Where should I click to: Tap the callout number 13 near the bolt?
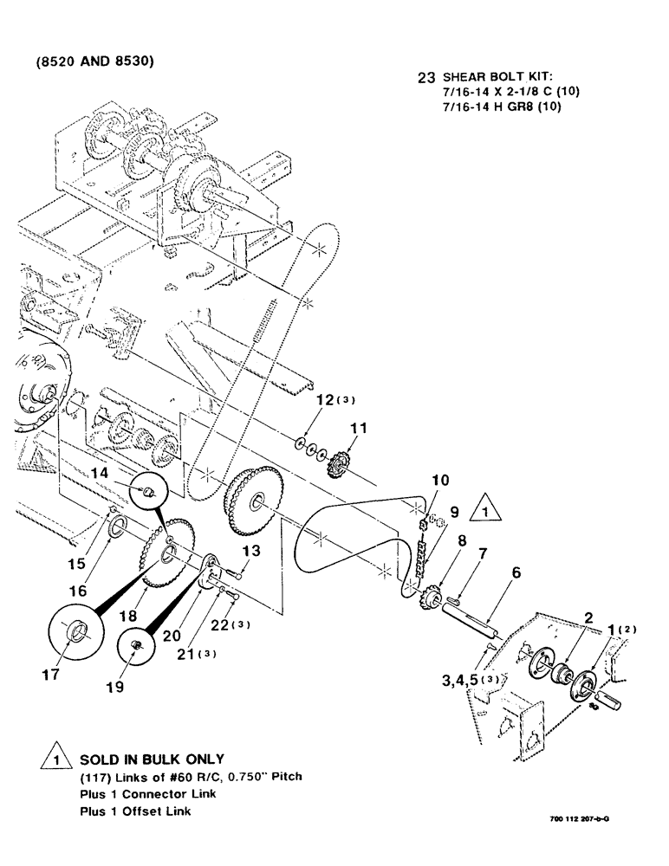click(250, 550)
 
